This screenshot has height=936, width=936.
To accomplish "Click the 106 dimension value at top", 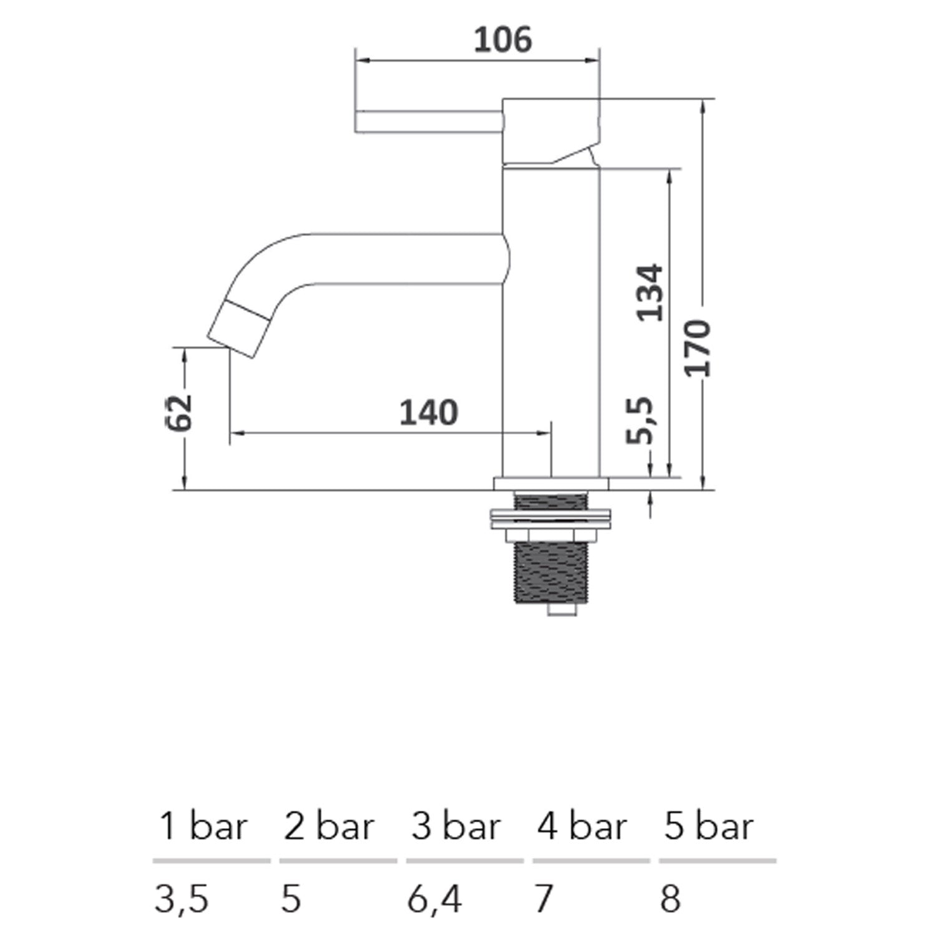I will coord(502,40).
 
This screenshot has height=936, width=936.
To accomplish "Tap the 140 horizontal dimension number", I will coord(429,413).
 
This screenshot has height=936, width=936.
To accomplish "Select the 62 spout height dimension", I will coord(180,412).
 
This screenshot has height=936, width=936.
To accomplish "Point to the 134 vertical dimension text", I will coord(649,293).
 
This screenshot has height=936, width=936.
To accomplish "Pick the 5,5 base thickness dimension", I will coord(640,420).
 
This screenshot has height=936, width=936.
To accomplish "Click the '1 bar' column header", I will coord(203,827).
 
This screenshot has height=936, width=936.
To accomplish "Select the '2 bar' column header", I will coord(329,827).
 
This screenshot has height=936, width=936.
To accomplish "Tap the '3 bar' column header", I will coord(456,827).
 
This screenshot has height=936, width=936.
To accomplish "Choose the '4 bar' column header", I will coord(582,827).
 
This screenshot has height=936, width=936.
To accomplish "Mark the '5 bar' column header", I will coord(709,827).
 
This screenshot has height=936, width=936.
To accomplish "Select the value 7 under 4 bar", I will coord(544,899).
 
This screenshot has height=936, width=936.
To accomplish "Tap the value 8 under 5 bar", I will coord(670,899).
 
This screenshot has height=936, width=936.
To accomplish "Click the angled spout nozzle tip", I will coord(238,329).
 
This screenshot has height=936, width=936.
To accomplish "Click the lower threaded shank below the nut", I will coord(551,573).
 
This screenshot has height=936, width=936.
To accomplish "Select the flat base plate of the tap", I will coord(551,484).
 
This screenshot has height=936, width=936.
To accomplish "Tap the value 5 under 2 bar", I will coord(291,899).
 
